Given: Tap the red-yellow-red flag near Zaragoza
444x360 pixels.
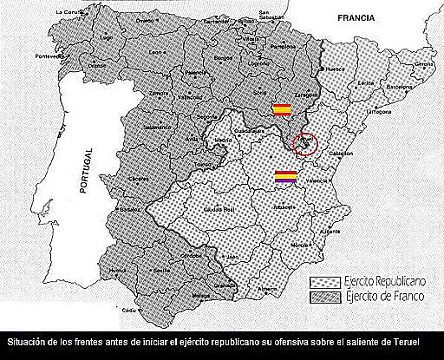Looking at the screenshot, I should tap(281, 109).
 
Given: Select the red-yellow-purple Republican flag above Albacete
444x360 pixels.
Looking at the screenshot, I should tap(286, 176).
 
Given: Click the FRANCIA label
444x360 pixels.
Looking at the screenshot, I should tap(356, 16).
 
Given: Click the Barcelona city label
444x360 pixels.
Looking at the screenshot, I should tap(400, 88).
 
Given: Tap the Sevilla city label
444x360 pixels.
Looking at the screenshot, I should tap(160, 271).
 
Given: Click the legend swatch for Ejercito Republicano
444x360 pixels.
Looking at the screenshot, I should tap(325, 282).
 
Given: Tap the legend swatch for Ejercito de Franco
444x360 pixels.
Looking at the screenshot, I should tap(325, 298).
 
